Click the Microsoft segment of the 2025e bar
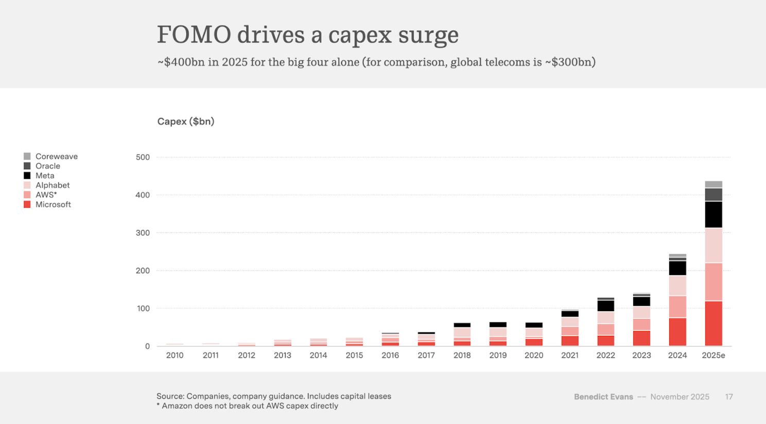(x=713, y=323)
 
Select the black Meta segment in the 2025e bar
(x=713, y=214)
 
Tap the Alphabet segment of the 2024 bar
(x=677, y=285)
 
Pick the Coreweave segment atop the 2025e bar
(x=713, y=184)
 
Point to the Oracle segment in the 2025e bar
(x=713, y=195)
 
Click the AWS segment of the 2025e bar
(x=713, y=282)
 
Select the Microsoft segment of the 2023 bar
(x=641, y=338)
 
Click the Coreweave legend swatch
(x=27, y=156)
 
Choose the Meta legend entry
(x=45, y=176)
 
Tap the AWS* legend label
(x=46, y=195)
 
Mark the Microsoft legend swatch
(x=27, y=205)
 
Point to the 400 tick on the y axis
(x=143, y=195)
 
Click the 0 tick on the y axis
(x=147, y=346)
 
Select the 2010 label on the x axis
(x=175, y=355)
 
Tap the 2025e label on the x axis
(x=713, y=355)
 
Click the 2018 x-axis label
(x=462, y=355)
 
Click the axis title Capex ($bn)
(x=186, y=122)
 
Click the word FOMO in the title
(x=194, y=35)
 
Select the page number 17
(x=729, y=397)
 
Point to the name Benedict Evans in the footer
(x=603, y=397)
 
